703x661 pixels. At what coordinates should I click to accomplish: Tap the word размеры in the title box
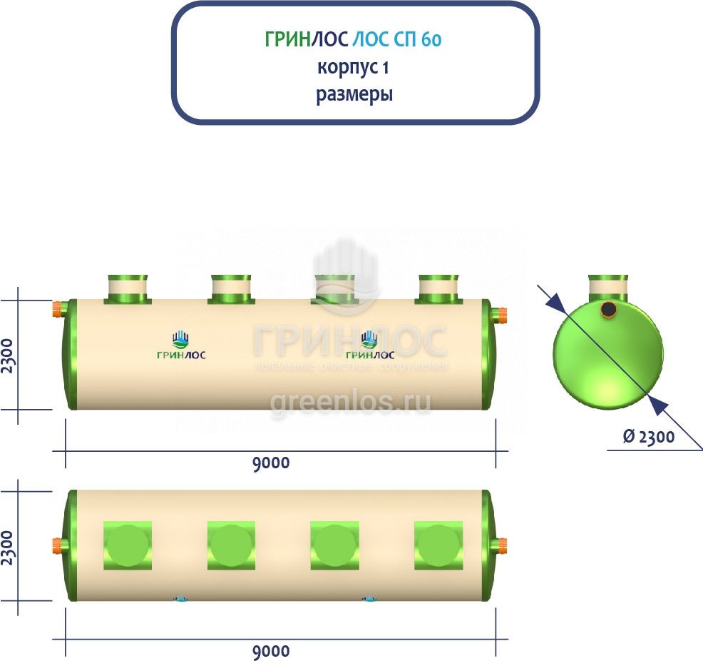(354, 94)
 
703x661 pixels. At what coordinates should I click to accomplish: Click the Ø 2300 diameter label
(648, 437)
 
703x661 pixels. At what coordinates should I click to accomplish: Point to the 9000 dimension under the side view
(271, 463)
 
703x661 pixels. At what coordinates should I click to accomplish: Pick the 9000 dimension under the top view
(271, 651)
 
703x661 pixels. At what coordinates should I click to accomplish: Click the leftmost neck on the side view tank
(128, 288)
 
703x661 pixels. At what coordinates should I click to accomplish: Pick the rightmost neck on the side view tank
(438, 288)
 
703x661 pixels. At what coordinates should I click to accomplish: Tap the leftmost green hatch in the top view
(128, 545)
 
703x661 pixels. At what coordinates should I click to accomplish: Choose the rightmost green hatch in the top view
(438, 545)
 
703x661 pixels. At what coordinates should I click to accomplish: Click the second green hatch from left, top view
(231, 545)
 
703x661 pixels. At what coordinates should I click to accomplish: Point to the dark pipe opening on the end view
(608, 309)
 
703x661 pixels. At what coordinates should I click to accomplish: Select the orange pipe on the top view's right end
(502, 546)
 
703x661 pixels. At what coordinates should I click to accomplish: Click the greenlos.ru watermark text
(350, 403)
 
